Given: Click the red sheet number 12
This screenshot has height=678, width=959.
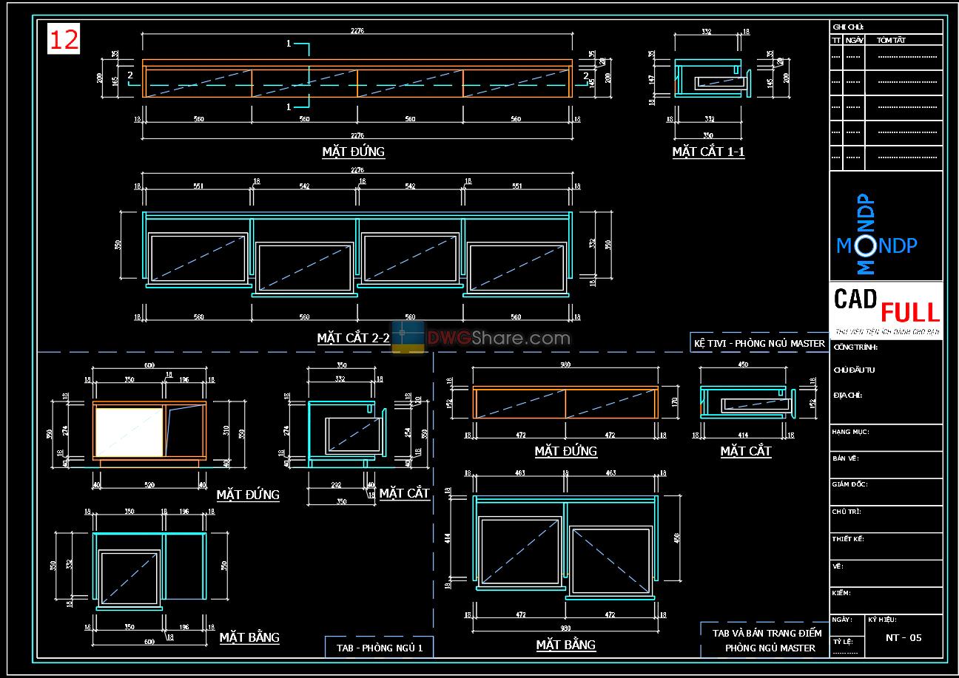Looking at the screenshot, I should point(64,40).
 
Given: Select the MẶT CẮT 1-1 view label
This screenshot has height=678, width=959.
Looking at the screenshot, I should point(708,152).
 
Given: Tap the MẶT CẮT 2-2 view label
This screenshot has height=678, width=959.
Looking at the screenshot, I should point(353,339).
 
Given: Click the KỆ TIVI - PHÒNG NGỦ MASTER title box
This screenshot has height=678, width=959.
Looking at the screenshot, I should point(759,343).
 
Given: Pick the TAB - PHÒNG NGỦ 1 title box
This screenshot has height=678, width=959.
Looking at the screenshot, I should point(379,647).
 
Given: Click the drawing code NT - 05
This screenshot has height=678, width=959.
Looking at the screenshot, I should point(904,638).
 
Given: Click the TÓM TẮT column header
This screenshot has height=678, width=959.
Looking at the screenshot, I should point(891,41).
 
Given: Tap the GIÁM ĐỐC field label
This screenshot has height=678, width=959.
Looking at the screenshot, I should point(849,485).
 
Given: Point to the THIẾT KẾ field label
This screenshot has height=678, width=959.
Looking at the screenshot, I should point(848,539).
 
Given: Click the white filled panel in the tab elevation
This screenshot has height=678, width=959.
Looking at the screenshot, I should point(128,432).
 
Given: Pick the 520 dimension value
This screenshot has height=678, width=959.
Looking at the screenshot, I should point(150,485).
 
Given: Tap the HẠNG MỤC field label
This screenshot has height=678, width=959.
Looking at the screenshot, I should point(850,432).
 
